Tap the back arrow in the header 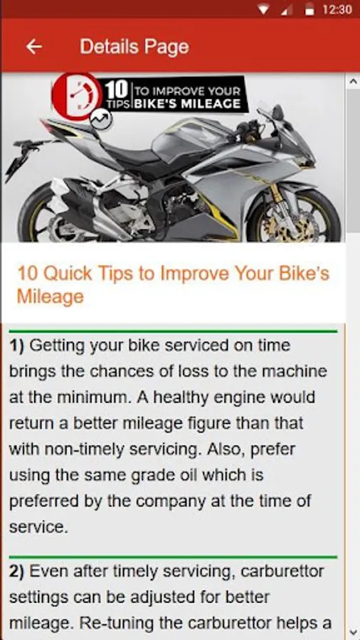(34, 47)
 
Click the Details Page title (134, 47)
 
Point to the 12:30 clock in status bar (337, 9)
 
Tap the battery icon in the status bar (309, 10)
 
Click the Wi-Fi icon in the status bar (264, 10)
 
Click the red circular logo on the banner (77, 96)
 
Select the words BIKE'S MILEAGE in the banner (188, 104)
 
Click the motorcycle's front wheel (295, 219)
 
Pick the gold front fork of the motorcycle (277, 193)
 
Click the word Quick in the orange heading (68, 274)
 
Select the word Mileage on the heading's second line (51, 297)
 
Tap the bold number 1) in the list (17, 346)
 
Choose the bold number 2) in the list (17, 572)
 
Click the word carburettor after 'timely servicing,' (282, 572)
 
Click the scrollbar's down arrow (352, 632)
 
